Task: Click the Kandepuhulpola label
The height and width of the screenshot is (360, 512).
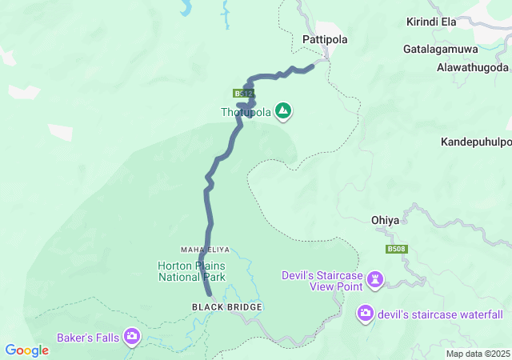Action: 476,142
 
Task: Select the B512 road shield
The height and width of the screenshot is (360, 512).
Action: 243,94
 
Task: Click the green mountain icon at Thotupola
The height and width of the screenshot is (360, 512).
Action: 282,110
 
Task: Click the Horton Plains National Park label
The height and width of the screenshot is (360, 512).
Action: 191,271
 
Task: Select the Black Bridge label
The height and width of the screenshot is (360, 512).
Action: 226,307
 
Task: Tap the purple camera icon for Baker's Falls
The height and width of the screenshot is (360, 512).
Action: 131,338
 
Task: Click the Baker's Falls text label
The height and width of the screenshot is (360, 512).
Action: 88,338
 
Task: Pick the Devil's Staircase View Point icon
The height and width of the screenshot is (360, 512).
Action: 375,280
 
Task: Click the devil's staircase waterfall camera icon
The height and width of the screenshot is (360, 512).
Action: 366,314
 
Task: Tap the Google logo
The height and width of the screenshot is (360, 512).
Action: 26,350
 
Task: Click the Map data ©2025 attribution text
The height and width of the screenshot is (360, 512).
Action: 477,354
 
